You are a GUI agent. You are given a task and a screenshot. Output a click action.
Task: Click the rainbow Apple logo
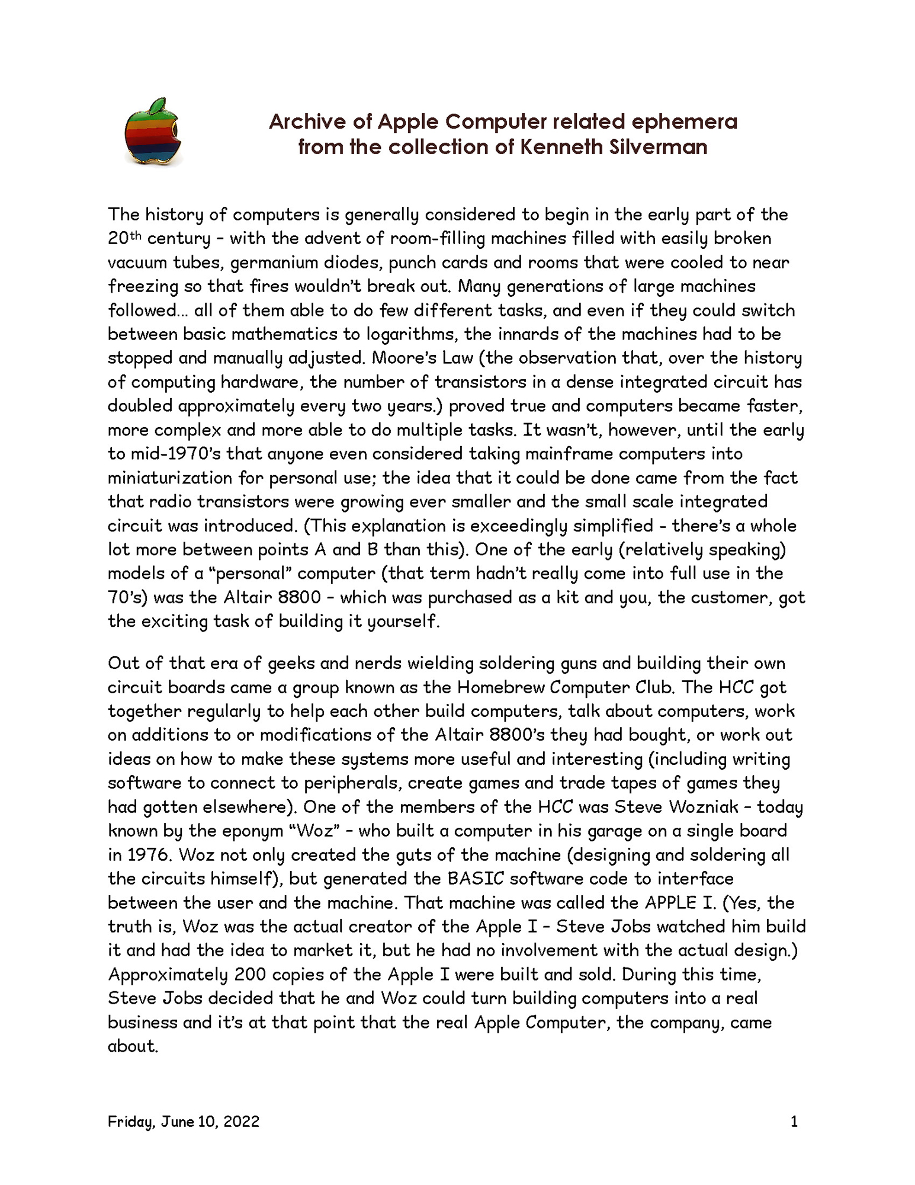coord(152,133)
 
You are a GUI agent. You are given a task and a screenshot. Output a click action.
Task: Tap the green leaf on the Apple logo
coord(157,106)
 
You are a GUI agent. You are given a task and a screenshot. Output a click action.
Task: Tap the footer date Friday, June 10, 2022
coord(184,1122)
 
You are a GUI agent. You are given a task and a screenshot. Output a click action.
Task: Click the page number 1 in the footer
coord(794,1122)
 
